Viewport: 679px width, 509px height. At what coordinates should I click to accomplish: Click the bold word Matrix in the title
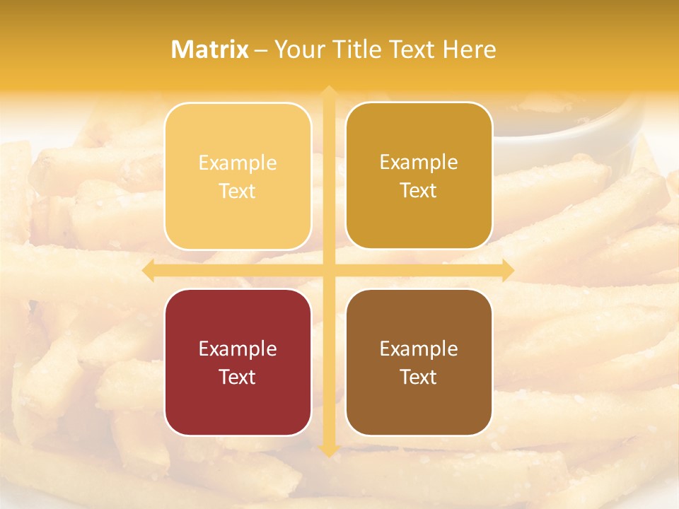pos(210,49)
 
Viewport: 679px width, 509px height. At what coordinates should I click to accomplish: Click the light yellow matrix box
pos(238,176)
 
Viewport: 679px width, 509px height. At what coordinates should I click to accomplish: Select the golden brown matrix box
pos(419,175)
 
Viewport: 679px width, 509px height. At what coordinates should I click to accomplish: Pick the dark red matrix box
pos(238,362)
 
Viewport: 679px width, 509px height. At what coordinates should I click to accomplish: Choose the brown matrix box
pos(419,362)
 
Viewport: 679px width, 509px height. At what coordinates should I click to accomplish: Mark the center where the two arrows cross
pos(328,270)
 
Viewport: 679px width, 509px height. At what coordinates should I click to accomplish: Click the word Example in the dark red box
pos(238,349)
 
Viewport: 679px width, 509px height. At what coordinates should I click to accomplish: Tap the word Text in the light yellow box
pos(238,191)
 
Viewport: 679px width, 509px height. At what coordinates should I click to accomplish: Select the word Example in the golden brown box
pos(419,162)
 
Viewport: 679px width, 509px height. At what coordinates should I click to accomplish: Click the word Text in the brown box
pos(419,377)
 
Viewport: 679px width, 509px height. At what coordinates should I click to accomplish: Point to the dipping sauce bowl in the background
pos(566,124)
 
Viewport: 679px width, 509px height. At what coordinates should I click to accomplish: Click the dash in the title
pos(261,50)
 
